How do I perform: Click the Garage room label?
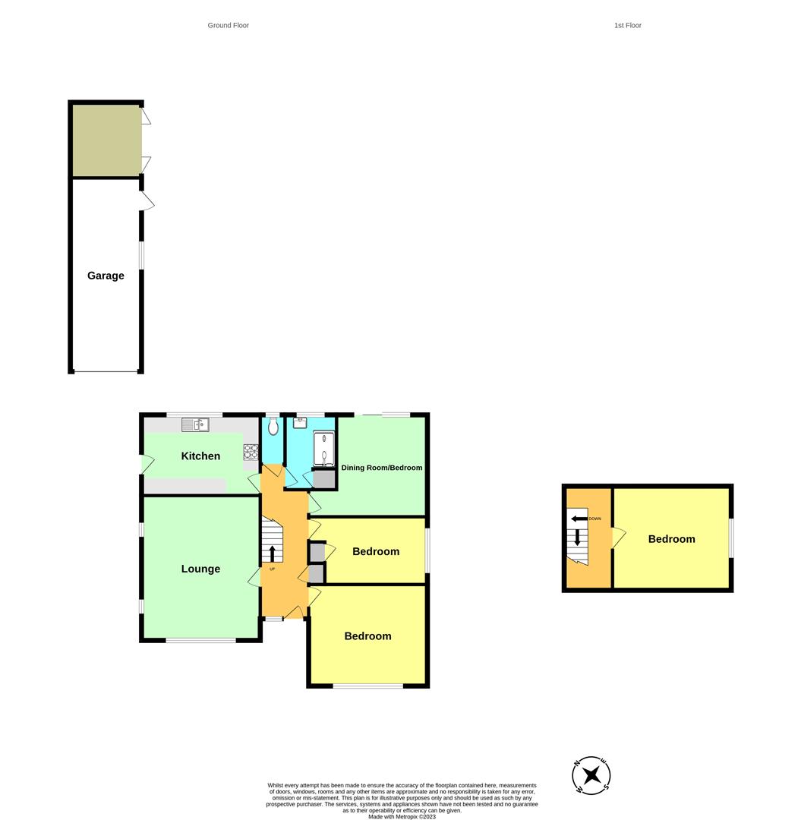pos(106,276)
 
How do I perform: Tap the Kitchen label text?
pos(200,456)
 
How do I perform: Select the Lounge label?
pos(200,569)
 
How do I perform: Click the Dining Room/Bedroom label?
pos(381,468)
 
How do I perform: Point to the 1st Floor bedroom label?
pos(671,539)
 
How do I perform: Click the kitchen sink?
pos(195,424)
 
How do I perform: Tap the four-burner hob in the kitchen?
pos(251,452)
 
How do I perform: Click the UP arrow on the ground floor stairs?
pos(272,553)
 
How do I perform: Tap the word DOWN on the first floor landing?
pos(594,519)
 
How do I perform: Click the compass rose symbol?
pos(591,776)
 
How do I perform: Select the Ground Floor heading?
pos(229,26)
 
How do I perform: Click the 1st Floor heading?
pos(628,26)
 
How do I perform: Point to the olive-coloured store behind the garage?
pos(106,140)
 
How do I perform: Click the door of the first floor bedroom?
pos(619,538)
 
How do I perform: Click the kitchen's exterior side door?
pos(147,463)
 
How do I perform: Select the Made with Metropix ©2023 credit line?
pos(402,816)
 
